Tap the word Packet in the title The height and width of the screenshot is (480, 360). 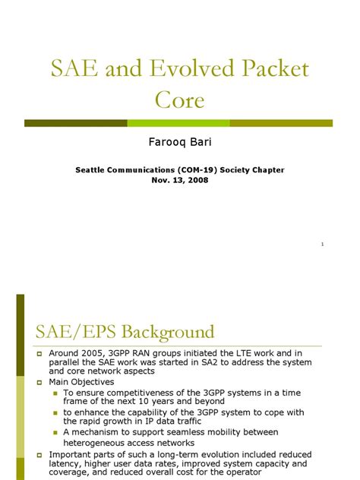pyautogui.click(x=269, y=69)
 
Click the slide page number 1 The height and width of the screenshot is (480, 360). pyautogui.click(x=323, y=245)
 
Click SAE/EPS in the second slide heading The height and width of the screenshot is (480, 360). pyautogui.click(x=73, y=332)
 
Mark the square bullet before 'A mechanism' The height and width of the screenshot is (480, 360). pyautogui.click(x=56, y=432)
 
